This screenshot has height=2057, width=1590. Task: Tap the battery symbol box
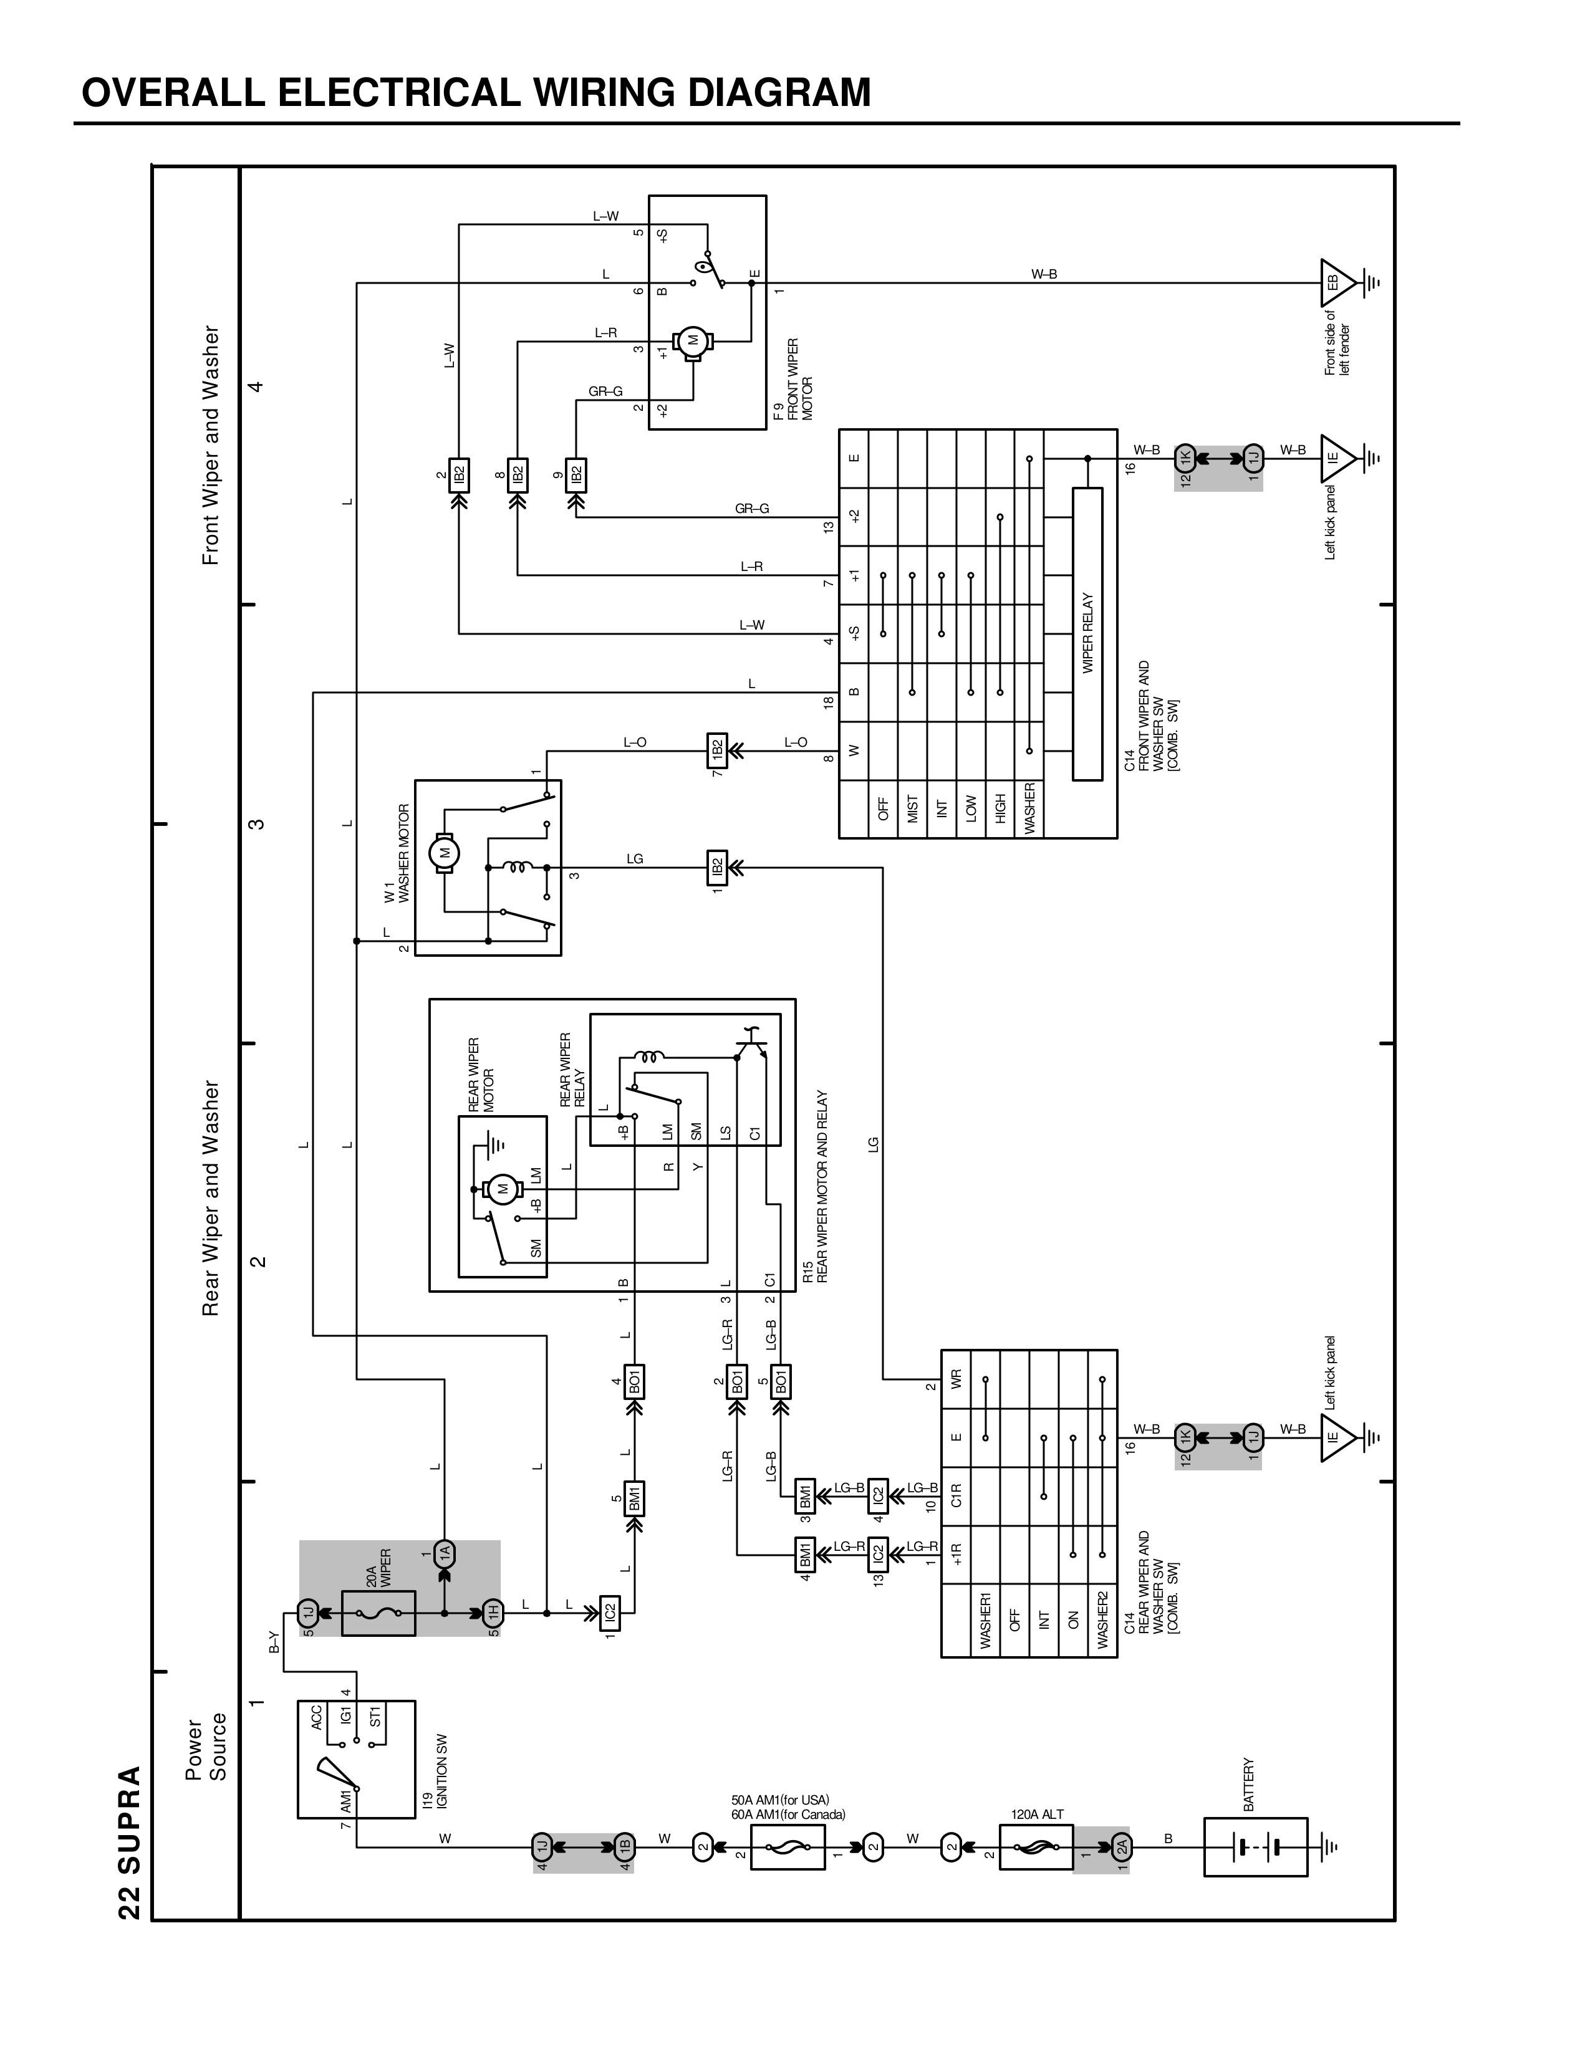[x=1255, y=1847]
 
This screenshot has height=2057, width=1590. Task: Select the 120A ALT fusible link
[x=1035, y=1847]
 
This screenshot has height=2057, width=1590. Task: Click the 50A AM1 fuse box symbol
[x=788, y=1847]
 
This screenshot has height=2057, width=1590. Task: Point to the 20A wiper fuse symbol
[x=378, y=1613]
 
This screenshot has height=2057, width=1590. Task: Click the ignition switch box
[x=356, y=1758]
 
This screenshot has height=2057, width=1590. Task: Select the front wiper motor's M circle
[x=693, y=341]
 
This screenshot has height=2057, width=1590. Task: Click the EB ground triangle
[x=1335, y=282]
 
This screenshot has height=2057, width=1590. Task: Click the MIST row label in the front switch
[x=912, y=808]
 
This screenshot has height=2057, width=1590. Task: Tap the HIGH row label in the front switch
[x=1000, y=808]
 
